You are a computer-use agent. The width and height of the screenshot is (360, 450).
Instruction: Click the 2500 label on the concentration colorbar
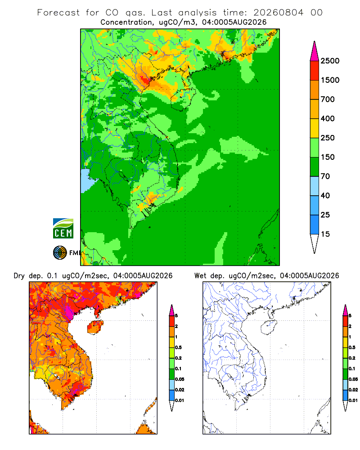[330, 61]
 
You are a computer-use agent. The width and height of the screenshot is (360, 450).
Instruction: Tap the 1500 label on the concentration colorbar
[330, 80]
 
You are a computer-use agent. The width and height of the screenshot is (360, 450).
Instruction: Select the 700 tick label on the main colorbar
[328, 99]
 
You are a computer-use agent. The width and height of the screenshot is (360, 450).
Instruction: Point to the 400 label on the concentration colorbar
[328, 118]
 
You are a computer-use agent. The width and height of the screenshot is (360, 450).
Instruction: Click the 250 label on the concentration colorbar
[328, 138]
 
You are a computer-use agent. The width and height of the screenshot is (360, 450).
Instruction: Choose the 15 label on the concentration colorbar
[325, 234]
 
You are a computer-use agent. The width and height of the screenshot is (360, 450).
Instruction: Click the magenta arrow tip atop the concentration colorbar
[315, 51]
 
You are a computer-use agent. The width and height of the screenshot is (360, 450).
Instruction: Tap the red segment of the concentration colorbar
[315, 71]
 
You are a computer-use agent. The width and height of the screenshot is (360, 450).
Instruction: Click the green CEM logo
[63, 229]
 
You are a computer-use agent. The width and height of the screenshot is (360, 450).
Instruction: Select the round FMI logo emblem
[60, 253]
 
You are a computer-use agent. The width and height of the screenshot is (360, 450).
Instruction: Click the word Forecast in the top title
[58, 13]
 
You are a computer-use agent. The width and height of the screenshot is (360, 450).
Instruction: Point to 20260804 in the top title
[278, 13]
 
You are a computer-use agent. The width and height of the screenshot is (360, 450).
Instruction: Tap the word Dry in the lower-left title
[19, 276]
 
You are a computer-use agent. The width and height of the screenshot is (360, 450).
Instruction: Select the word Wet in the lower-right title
[200, 276]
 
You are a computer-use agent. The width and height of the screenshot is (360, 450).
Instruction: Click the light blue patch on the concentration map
[86, 181]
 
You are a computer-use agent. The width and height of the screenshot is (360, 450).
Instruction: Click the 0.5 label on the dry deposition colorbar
[178, 347]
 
